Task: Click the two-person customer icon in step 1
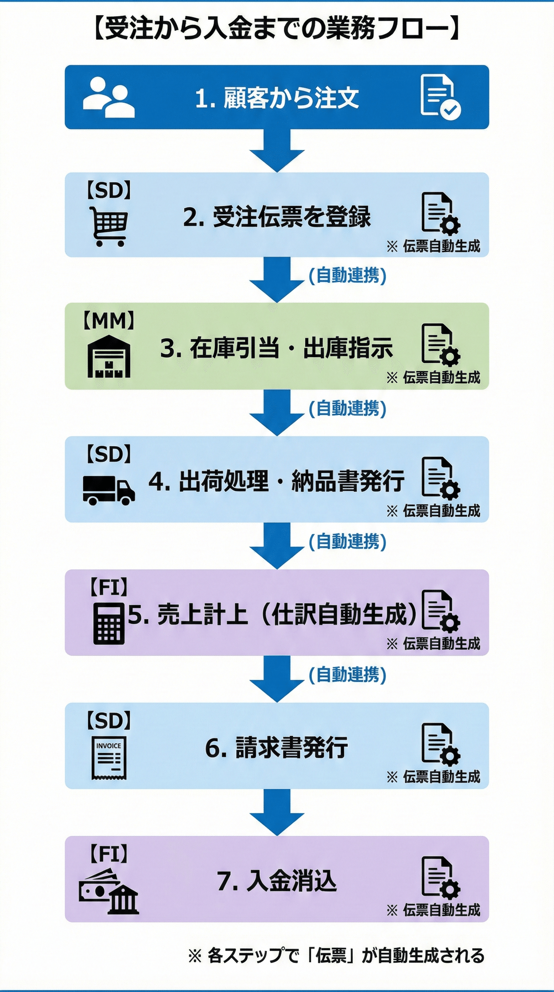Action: pos(108,97)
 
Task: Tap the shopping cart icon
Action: pos(109,226)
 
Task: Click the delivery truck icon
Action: pos(109,490)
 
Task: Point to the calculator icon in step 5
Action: pos(109,624)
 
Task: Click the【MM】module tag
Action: pos(109,321)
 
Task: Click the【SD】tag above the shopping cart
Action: pos(109,190)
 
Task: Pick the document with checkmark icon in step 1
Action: pos(440,97)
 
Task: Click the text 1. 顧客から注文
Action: pos(277,98)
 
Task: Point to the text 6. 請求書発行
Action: pos(277,747)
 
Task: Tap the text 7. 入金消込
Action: pos(277,880)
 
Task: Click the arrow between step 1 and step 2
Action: pos(277,150)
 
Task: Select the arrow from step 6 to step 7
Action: pos(277,812)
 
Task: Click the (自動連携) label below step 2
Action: pos(348,275)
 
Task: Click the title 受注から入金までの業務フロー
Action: pos(277,29)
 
